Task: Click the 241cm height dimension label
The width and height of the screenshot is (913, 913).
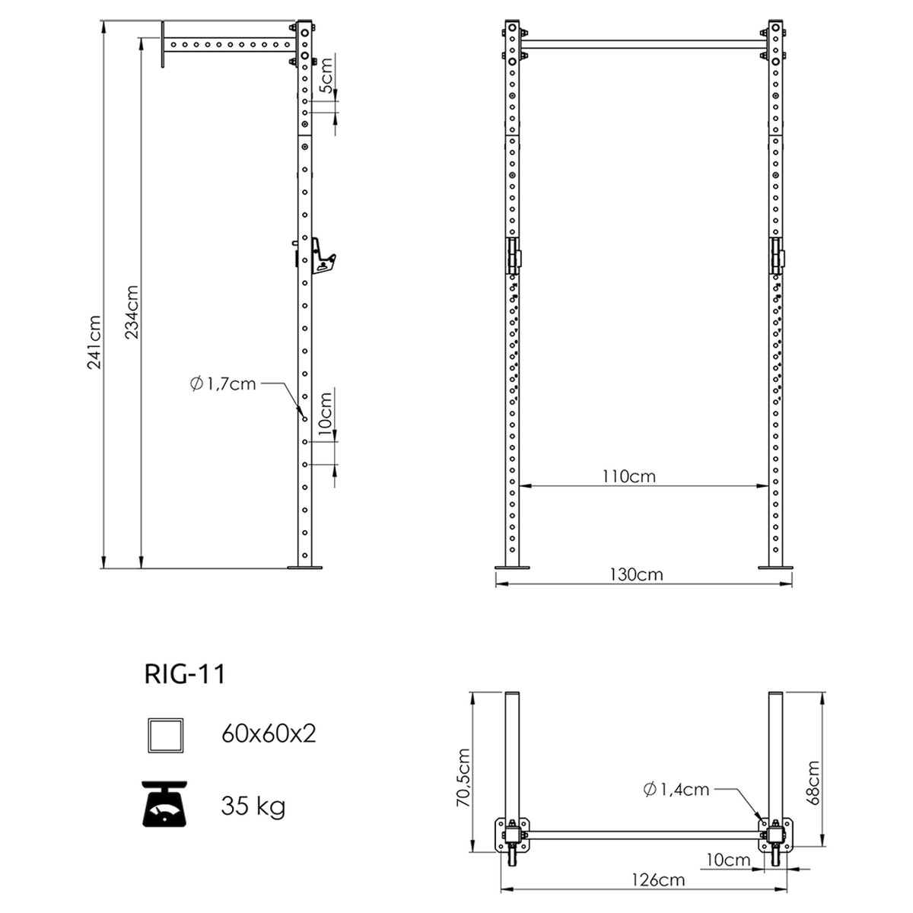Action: pos(94,342)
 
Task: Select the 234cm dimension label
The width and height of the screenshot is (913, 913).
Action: pos(132,312)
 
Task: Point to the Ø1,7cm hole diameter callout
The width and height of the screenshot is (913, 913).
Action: pos(223,383)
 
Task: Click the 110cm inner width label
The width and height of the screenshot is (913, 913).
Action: pos(628,476)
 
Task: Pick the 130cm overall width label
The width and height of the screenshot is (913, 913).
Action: pos(636,574)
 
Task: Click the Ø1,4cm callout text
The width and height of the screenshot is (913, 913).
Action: pos(676,789)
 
